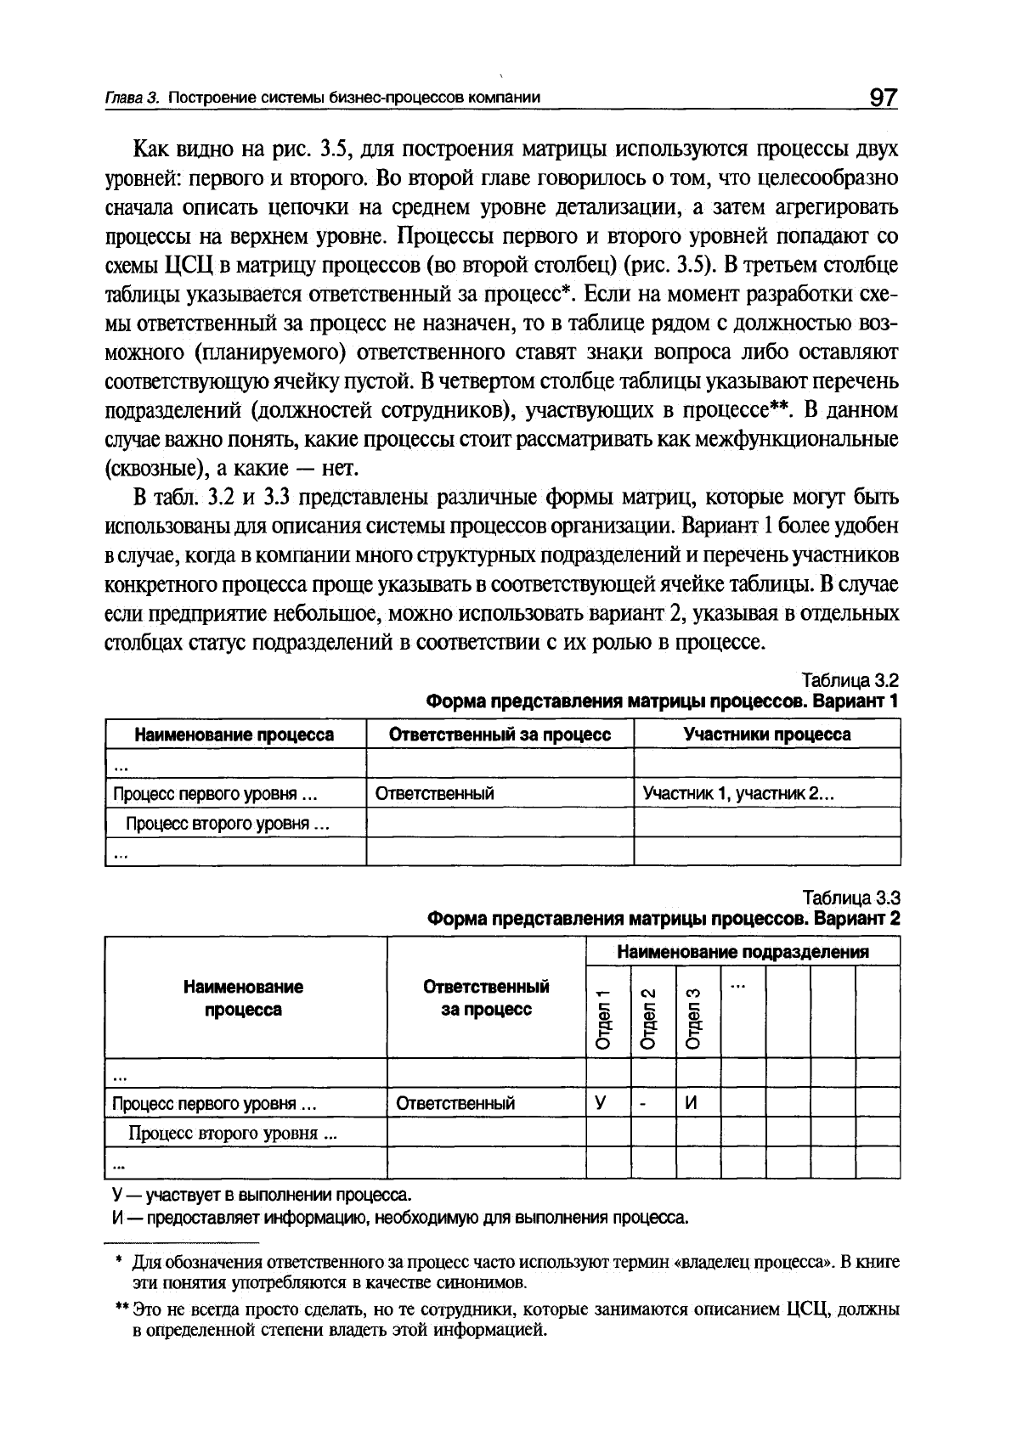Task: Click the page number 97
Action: coord(883,98)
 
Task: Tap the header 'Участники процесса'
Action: coord(767,735)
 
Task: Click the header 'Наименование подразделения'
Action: coord(743,952)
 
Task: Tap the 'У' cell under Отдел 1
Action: coord(601,1103)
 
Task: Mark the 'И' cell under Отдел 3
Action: coord(692,1103)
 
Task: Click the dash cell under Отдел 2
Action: coord(645,1103)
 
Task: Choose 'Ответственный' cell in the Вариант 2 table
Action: coord(455,1103)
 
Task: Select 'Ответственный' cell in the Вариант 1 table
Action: coord(435,794)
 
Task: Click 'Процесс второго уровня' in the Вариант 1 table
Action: coord(227,824)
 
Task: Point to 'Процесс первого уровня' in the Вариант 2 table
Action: coord(214,1103)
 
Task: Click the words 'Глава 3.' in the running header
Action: coord(131,98)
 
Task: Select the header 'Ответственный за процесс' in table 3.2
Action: coord(500,735)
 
